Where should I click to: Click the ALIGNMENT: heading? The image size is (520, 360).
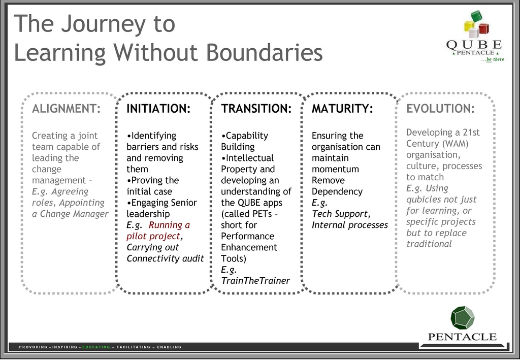coord(67,109)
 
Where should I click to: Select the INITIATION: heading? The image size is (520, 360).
coord(158,109)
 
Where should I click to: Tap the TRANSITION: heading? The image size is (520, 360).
coord(256,109)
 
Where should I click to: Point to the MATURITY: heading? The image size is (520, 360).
coord(342,109)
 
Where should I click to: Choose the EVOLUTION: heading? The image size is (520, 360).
coord(440,109)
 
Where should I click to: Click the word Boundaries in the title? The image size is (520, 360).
coord(264,52)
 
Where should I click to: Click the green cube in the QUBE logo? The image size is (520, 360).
coord(476,16)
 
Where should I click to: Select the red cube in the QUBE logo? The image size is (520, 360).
coord(484,28)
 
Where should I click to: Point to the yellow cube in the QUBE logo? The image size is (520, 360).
coord(469,26)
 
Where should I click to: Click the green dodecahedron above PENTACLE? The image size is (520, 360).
coord(462,318)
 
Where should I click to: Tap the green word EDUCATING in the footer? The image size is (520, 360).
coord(96,347)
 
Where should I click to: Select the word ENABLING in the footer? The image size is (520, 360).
coord(169,347)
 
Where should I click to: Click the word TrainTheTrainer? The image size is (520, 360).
coord(255,281)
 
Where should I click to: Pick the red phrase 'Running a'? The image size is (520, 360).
coord(169,225)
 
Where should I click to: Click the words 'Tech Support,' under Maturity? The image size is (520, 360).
coord(341,214)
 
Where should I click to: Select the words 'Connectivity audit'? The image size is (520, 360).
coord(165,258)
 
